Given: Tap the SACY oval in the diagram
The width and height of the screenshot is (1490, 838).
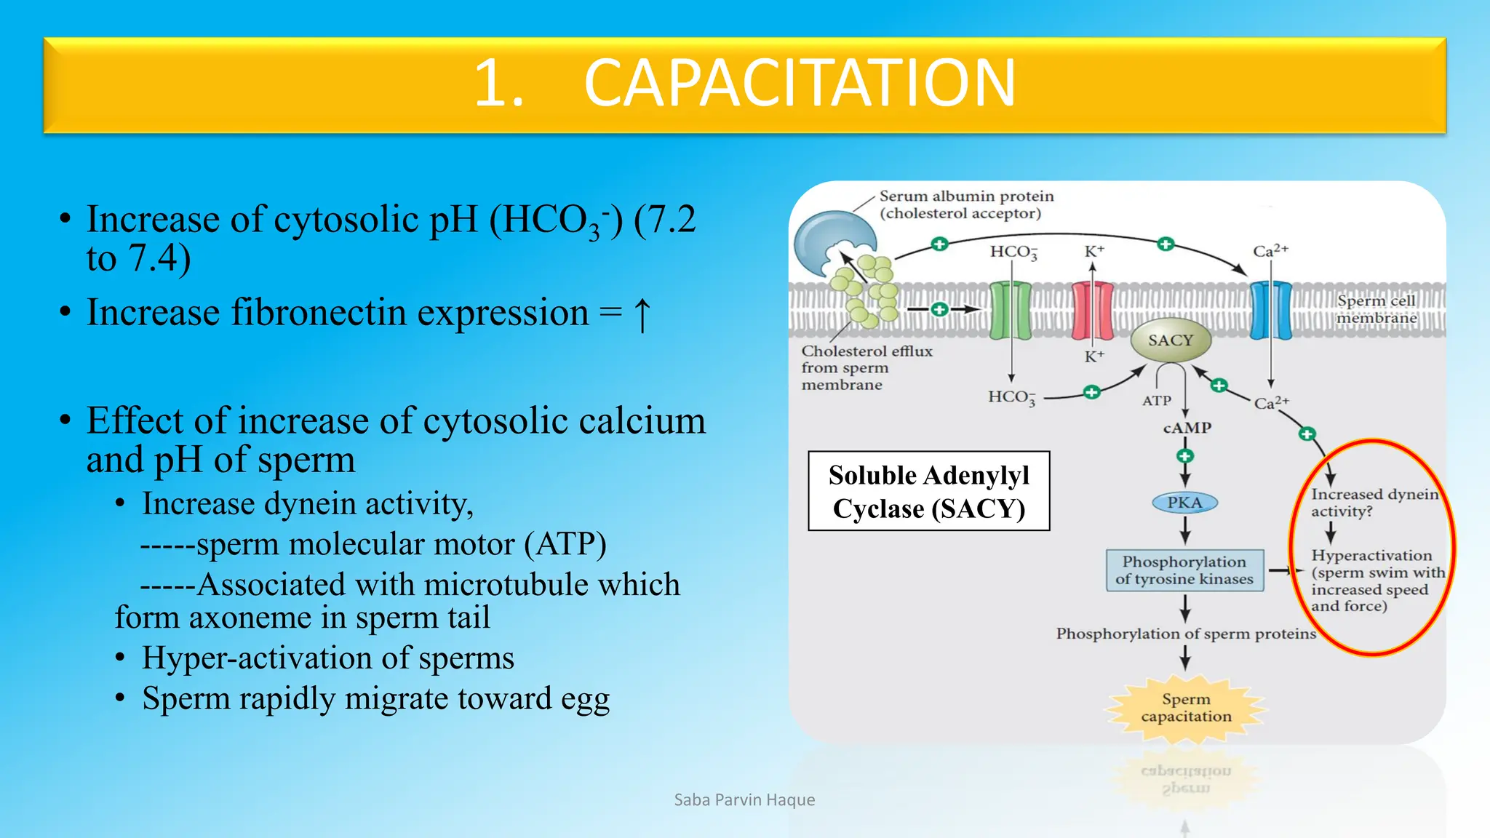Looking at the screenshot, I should click(1170, 340).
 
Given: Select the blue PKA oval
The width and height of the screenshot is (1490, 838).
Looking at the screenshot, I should click(1184, 503).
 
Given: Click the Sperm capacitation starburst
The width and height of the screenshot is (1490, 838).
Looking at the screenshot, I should click(1186, 708).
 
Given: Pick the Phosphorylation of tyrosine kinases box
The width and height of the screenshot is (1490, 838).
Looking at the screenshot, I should click(1184, 570).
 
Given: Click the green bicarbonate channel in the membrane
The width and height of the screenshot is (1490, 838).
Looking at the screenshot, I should click(1011, 311).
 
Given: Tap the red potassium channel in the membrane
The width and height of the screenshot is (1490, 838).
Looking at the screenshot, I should click(1092, 311).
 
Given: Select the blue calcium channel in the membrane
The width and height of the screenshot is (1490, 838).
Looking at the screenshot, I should click(1270, 311).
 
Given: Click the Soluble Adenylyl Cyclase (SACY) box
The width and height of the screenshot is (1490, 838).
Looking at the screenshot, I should click(929, 491).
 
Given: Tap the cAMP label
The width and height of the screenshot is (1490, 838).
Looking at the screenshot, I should click(1187, 428).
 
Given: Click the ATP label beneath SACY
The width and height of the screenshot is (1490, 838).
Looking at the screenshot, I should click(1156, 401).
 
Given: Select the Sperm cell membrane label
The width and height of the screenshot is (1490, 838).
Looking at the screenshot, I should click(1376, 309).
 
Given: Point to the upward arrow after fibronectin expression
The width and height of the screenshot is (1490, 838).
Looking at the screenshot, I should click(642, 314).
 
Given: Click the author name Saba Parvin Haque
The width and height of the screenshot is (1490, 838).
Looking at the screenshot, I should click(744, 800).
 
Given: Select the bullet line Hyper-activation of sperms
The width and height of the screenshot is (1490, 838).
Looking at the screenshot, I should click(327, 658).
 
